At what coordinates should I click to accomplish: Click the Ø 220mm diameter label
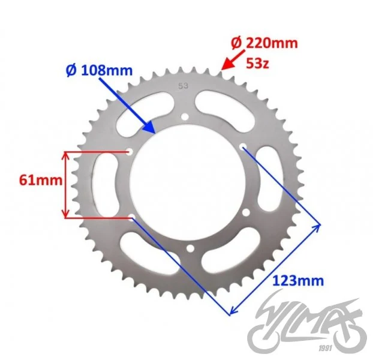coord(264,43)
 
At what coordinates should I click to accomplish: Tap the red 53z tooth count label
coord(257,63)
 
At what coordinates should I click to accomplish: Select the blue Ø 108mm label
coord(99,70)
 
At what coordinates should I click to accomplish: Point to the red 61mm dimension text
coord(41,180)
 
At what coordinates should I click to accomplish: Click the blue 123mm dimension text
coord(298,281)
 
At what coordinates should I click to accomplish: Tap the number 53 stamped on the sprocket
coord(183,86)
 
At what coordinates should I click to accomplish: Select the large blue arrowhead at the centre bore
coord(149,127)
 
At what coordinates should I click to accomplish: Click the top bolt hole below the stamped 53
coord(185,117)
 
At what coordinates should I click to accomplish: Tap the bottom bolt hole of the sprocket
coord(190,248)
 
